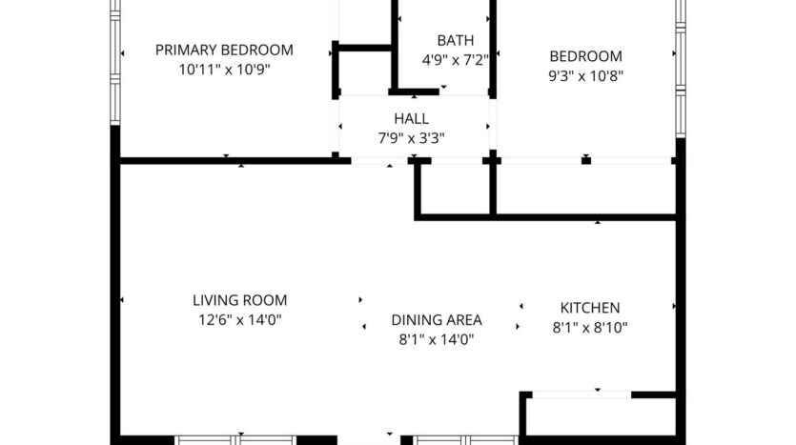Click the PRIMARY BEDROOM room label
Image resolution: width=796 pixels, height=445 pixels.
pyautogui.click(x=224, y=50)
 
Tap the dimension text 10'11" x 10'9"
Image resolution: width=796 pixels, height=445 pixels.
pyautogui.click(x=224, y=70)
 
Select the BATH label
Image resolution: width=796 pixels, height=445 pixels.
pyautogui.click(x=455, y=40)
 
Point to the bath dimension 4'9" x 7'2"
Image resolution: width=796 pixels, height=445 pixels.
pyautogui.click(x=455, y=59)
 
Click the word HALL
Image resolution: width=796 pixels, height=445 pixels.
pyautogui.click(x=411, y=119)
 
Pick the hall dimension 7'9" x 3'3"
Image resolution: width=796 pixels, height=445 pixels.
pyautogui.click(x=411, y=138)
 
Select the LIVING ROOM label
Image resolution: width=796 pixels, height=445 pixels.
pyautogui.click(x=239, y=300)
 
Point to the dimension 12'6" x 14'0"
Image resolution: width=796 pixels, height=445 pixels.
pyautogui.click(x=239, y=320)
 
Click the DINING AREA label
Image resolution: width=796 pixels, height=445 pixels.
pyautogui.click(x=437, y=320)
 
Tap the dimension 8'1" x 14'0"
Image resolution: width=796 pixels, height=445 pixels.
pyautogui.click(x=437, y=339)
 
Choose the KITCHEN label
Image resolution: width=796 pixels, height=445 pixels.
pyautogui.click(x=589, y=308)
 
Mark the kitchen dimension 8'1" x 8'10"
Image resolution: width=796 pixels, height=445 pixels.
pyautogui.click(x=589, y=327)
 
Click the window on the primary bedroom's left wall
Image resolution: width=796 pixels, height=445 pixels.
pyautogui.click(x=115, y=62)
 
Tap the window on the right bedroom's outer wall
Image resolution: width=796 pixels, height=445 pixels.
pyautogui.click(x=680, y=62)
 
